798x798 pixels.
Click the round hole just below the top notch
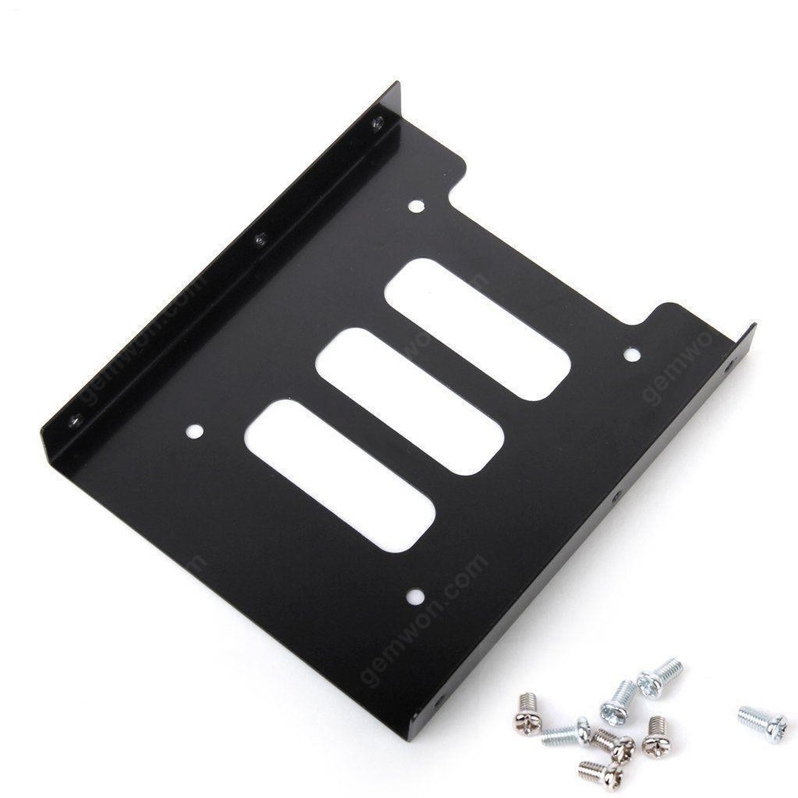[417, 206]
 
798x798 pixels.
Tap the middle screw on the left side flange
[260, 239]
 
